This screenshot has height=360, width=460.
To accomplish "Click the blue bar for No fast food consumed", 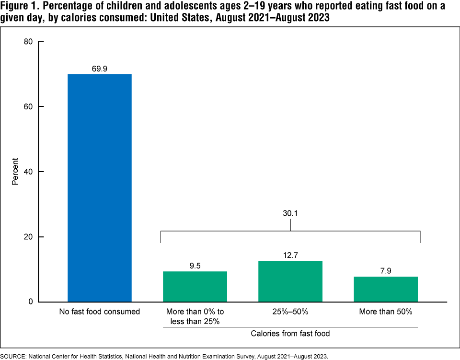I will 99,188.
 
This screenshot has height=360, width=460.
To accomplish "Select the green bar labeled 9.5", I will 195,287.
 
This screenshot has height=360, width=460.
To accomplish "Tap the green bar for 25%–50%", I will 290,281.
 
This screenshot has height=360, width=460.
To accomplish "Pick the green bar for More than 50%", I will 386,289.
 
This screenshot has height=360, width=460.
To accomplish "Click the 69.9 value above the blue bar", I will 99,69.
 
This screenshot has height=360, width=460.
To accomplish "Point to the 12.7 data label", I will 290,255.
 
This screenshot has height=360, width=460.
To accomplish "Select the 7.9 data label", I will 386,271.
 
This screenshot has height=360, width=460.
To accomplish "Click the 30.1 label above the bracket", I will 290,214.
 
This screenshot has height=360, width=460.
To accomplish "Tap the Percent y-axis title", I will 15,172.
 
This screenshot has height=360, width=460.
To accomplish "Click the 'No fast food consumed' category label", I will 99,312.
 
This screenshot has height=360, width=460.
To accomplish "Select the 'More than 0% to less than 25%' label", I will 195,316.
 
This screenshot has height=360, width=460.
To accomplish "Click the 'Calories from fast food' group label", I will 290,333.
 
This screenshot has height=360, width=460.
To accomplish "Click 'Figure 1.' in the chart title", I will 20,6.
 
